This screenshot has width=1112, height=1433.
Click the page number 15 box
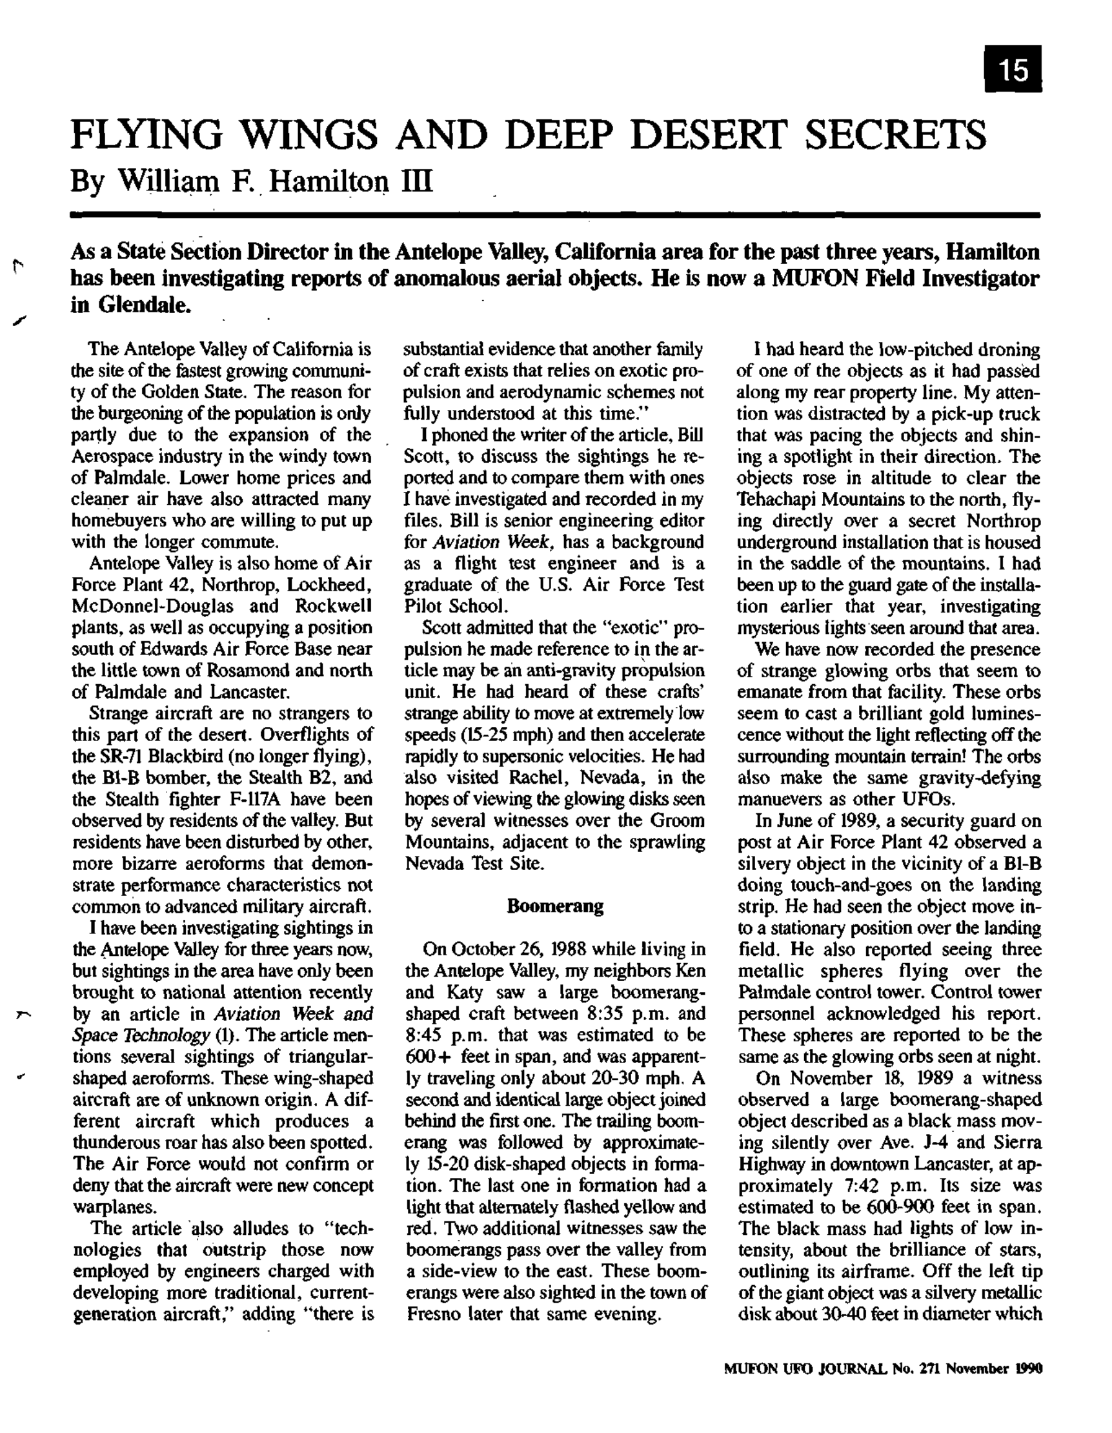1014,70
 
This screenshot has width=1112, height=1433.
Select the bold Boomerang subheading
555,906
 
